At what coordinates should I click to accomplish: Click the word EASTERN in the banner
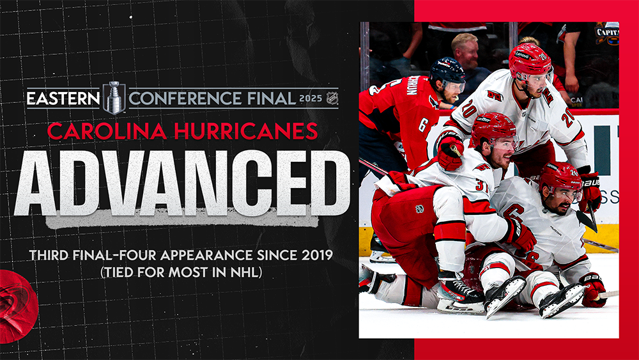pyautogui.click(x=63, y=98)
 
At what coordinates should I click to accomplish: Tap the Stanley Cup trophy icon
pyautogui.click(x=114, y=98)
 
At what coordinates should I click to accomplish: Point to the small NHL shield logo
pyautogui.click(x=332, y=98)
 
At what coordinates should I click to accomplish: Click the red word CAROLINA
pyautogui.click(x=107, y=131)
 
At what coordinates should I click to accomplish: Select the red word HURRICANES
pyautogui.click(x=246, y=131)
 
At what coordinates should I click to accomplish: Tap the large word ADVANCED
pyautogui.click(x=182, y=183)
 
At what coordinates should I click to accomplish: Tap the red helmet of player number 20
pyautogui.click(x=530, y=63)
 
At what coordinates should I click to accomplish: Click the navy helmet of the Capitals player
pyautogui.click(x=447, y=71)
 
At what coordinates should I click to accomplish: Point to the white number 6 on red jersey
pyautogui.click(x=422, y=125)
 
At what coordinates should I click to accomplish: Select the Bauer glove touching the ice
pyautogui.click(x=594, y=290)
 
